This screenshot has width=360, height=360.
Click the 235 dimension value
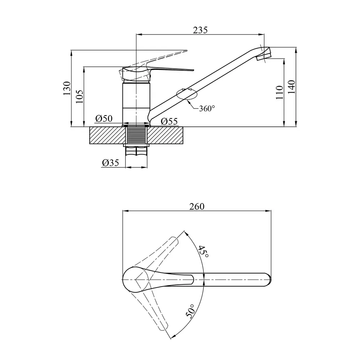(200, 30)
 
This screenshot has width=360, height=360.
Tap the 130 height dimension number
(67, 89)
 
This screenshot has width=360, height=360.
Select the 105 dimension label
(80, 96)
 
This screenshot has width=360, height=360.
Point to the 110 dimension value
(279, 92)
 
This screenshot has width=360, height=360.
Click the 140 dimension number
(292, 87)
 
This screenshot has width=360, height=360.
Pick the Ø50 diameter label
(104, 119)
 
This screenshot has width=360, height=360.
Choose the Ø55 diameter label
(169, 121)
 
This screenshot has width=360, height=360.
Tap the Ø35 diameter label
(111, 163)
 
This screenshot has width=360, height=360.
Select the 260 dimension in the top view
(197, 206)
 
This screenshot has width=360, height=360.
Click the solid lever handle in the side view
(158, 71)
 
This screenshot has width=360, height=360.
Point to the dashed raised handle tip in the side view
(186, 50)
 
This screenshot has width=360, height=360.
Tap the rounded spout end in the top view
(268, 279)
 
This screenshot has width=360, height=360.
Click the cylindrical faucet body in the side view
(136, 103)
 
